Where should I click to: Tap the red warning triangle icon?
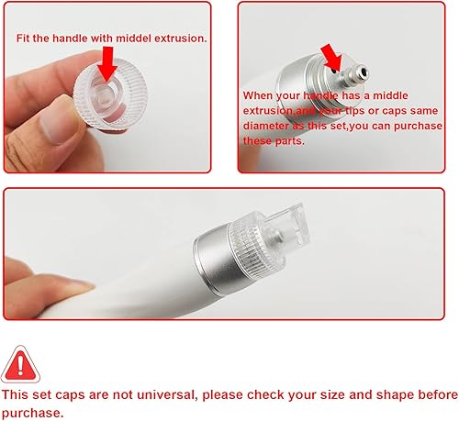[20, 363]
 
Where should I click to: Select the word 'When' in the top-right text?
[259, 95]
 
